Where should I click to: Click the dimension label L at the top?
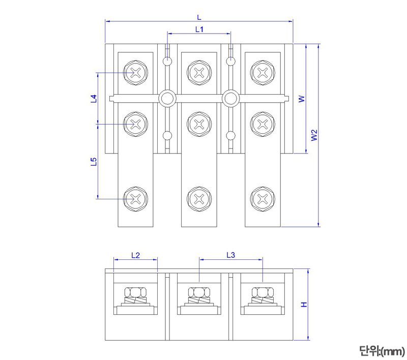[x=199, y=17]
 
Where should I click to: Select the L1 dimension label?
[x=199, y=29]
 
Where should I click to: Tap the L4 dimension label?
[x=94, y=99]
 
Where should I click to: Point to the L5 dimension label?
[x=94, y=162]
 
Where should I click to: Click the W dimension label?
[x=301, y=99]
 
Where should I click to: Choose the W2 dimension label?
[x=315, y=135]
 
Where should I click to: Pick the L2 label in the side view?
[x=135, y=255]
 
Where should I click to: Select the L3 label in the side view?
[x=230, y=255]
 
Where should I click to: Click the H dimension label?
[x=304, y=305]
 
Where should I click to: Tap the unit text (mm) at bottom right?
[x=382, y=350]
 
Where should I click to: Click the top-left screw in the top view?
[x=136, y=72]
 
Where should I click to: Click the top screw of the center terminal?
[x=199, y=72]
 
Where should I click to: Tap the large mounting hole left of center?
[x=167, y=99]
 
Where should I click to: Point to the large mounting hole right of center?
[x=230, y=99]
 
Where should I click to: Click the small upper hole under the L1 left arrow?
[x=167, y=62]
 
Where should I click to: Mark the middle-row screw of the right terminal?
[x=263, y=124]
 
